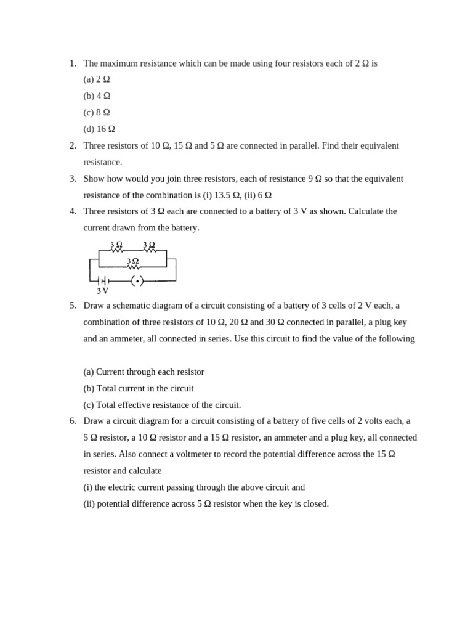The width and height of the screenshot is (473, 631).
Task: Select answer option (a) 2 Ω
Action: tap(97, 79)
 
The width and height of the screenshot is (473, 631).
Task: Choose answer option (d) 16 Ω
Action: tap(99, 129)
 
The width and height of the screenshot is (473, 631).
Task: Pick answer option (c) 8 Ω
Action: tap(97, 113)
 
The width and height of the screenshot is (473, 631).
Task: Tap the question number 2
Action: tap(73, 145)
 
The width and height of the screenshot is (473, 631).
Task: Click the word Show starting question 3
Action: tap(95, 179)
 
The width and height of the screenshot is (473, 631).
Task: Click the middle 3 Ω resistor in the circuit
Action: tap(132, 267)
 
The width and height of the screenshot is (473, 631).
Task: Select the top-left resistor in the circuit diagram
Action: tap(117, 250)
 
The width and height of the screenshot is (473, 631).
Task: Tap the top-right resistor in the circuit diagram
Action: tap(150, 250)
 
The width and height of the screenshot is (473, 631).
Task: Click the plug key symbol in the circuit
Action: tap(137, 281)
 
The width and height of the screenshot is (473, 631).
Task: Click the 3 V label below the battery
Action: tap(102, 291)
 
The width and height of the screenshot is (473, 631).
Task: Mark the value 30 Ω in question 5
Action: tap(275, 322)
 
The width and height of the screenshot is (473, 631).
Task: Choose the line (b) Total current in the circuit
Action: tap(139, 389)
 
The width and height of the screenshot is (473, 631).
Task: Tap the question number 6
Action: tap(73, 421)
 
